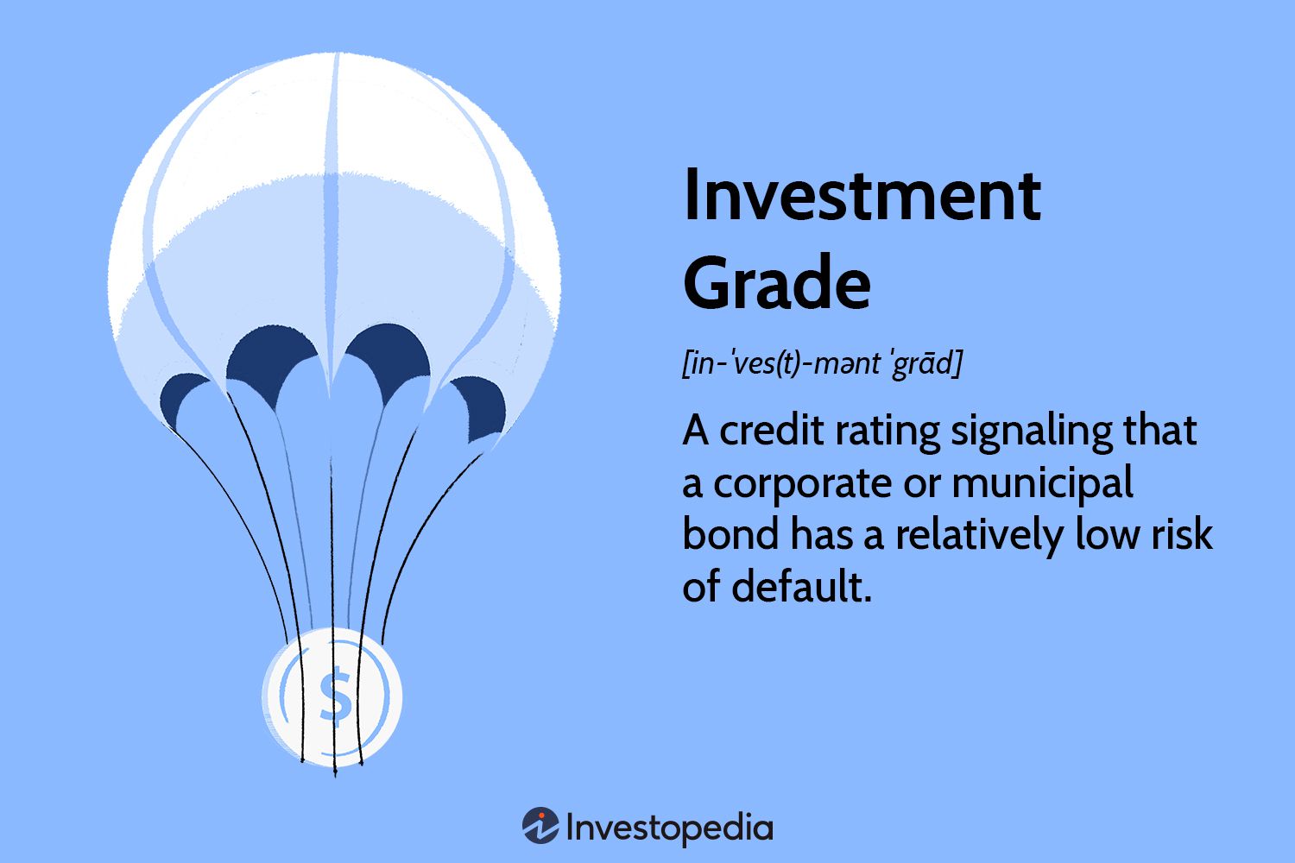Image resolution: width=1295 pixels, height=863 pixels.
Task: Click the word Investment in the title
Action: [x=862, y=196]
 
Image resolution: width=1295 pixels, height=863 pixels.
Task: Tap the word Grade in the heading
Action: [x=777, y=283]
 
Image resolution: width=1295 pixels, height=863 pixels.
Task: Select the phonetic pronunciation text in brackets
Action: [x=822, y=363]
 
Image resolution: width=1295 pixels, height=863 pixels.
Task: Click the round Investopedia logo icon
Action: [x=540, y=827]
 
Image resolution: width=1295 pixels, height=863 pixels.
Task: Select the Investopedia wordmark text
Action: [x=669, y=828]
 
